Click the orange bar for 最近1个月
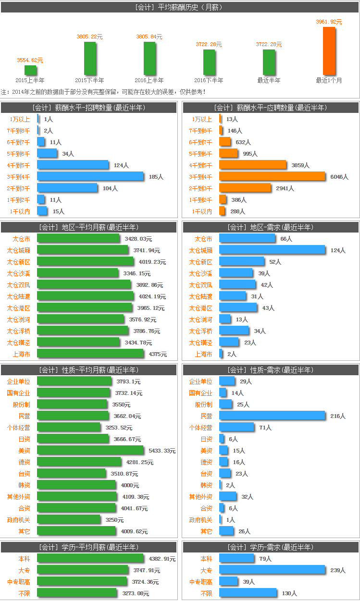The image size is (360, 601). click(329, 50)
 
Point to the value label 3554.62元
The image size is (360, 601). click(30, 61)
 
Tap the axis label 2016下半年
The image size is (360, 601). click(209, 80)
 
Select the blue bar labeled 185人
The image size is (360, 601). click(90, 176)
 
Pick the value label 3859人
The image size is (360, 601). click(300, 165)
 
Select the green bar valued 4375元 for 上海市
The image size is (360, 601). click(90, 354)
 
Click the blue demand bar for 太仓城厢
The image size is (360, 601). click(272, 250)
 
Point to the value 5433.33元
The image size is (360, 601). click(162, 451)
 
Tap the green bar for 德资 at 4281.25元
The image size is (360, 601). click(79, 462)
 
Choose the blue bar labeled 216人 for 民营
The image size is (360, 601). click(272, 416)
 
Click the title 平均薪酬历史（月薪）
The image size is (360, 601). click(179, 7)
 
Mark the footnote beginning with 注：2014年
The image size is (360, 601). click(103, 92)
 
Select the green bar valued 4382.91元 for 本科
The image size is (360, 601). click(90, 558)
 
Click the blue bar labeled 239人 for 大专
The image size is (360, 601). click(272, 570)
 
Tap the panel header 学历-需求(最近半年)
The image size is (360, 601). click(271, 547)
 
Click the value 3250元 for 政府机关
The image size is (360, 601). click(114, 520)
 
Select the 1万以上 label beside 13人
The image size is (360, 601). click(202, 119)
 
